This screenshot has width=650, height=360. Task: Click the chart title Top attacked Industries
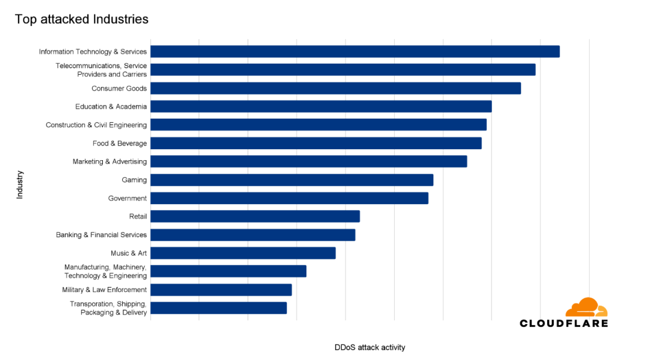point(81,19)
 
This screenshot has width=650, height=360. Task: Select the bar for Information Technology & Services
point(354,52)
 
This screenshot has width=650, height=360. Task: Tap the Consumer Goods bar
point(335,88)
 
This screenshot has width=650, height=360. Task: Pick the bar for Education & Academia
point(321,107)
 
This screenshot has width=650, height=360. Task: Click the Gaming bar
point(291,180)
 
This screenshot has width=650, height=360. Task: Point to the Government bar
point(289,198)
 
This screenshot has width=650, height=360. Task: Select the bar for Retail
point(255,217)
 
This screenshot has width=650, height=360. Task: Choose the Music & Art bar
point(243,253)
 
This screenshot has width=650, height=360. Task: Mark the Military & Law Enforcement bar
point(221,290)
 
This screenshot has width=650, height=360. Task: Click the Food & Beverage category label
point(120,143)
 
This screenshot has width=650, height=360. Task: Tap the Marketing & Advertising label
point(110,161)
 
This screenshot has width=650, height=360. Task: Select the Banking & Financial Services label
point(101,235)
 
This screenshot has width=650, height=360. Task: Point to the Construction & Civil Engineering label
point(96,125)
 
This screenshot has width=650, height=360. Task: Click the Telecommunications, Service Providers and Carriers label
point(101,70)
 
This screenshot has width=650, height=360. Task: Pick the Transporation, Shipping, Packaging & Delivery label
point(108,308)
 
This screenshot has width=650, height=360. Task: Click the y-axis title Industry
point(20,185)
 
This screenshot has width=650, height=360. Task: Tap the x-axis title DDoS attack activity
point(370,347)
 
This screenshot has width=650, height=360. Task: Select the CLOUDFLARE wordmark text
point(564,323)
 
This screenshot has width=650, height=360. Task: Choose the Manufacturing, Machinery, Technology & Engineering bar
point(228,272)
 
